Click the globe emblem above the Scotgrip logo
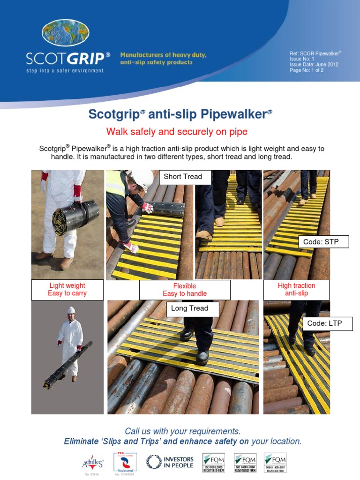[65, 34]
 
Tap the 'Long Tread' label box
[189, 308]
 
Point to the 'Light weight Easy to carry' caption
[67, 290]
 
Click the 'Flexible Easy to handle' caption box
[185, 290]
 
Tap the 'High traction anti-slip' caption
[297, 289]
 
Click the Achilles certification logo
[93, 463]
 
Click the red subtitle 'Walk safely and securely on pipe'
[177, 131]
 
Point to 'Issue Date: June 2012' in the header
[314, 65]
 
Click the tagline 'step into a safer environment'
[65, 70]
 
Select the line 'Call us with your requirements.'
[183, 431]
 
